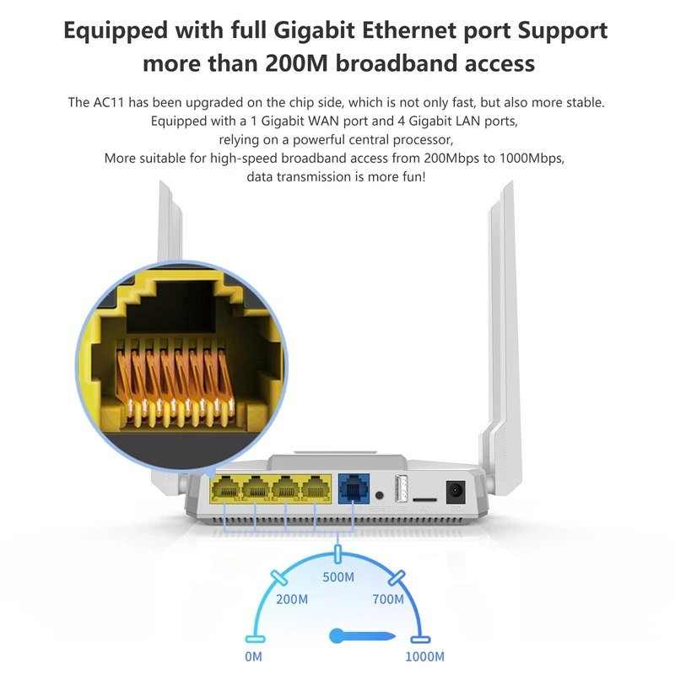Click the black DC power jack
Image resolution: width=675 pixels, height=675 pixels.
456,491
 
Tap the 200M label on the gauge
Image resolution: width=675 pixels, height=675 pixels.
291,600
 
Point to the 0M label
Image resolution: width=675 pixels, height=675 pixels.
253,656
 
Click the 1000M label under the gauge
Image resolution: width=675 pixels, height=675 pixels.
424,656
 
